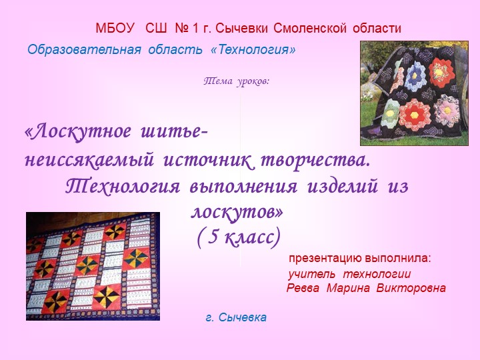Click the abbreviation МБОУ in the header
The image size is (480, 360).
tap(115, 29)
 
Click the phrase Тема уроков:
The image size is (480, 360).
tap(236, 81)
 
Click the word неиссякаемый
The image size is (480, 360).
tap(85, 161)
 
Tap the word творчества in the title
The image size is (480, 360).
tap(314, 161)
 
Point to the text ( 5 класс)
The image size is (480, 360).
tap(238, 237)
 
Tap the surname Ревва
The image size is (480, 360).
tap(304, 288)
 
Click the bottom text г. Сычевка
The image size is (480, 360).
tap(236, 317)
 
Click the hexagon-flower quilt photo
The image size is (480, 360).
tap(415, 93)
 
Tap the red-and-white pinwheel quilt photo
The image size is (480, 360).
tap(93, 266)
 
